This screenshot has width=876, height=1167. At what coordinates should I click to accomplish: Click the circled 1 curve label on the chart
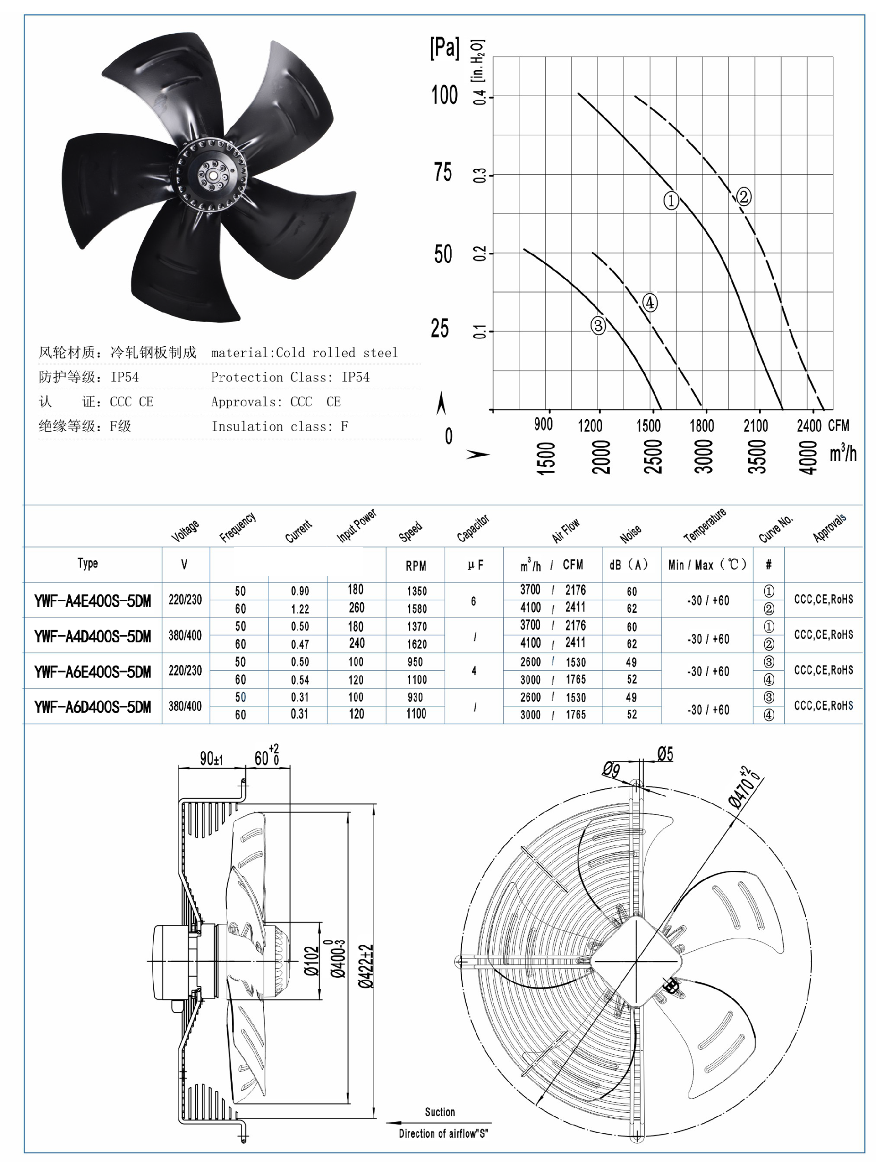670,200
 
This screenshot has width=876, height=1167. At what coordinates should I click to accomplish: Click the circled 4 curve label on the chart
650,303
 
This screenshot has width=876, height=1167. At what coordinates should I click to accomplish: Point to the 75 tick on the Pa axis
443,172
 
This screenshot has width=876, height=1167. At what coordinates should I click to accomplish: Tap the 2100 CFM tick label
755,426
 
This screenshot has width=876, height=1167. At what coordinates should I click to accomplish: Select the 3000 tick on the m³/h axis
704,457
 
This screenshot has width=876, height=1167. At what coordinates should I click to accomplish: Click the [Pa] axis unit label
444,48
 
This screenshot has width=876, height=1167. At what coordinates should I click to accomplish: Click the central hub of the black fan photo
212,174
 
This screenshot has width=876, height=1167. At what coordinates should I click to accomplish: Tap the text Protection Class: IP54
290,377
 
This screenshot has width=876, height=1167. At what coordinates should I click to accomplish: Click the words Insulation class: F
280,426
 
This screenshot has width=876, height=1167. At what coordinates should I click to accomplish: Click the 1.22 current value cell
300,609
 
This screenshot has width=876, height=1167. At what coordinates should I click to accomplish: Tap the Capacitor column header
472,528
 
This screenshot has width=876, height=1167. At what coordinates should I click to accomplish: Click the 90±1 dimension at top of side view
211,759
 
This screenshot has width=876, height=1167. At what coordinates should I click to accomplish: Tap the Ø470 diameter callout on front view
745,789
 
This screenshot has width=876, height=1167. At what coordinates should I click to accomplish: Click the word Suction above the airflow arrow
439,1112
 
